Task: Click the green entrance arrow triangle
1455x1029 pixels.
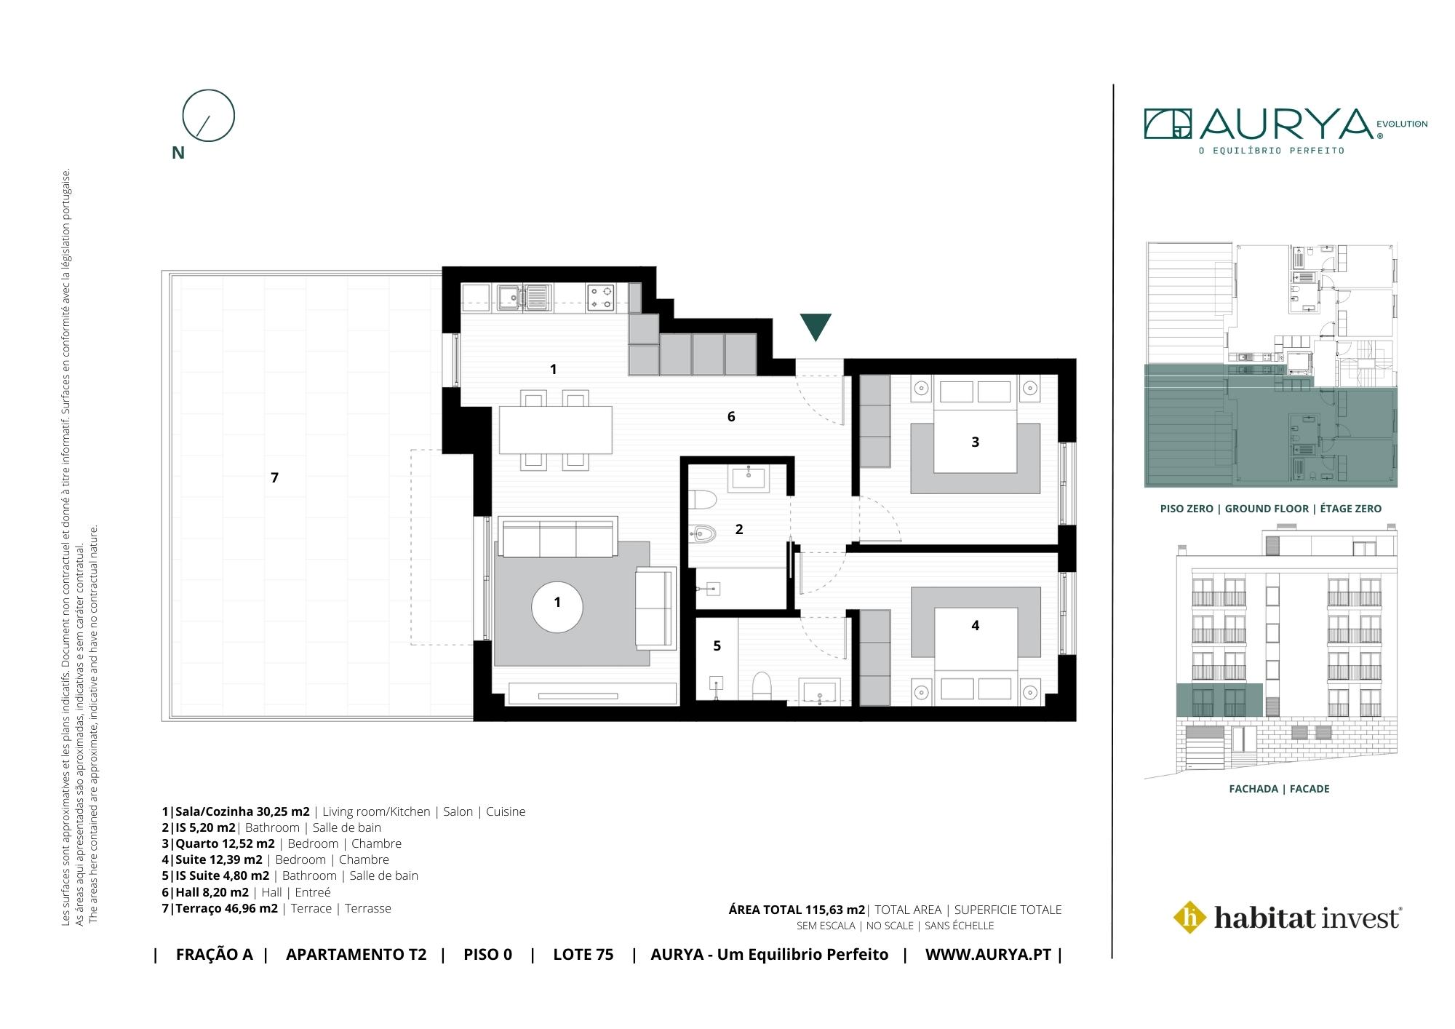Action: coord(815,326)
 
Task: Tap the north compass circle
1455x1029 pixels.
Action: coord(209,90)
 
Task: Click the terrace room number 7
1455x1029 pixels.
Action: coord(274,477)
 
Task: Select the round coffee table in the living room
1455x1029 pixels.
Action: coord(557,603)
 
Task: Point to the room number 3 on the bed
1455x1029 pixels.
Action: coord(976,442)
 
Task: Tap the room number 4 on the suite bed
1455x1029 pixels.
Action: coord(976,625)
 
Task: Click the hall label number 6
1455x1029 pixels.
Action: coord(731,416)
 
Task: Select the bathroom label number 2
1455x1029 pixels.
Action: coord(739,529)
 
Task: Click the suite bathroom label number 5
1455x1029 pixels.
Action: coord(717,645)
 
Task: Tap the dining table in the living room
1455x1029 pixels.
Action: coord(556,429)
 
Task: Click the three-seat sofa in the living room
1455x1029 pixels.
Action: coord(557,537)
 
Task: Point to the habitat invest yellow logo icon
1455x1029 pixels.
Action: coord(1190,917)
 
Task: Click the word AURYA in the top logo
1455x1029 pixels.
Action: coord(1286,125)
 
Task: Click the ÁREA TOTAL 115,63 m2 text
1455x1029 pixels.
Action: coord(797,910)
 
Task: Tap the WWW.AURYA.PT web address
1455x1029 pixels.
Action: coord(988,955)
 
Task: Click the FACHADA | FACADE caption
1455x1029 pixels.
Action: coord(1279,789)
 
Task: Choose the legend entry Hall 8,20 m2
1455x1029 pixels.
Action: coord(212,892)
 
